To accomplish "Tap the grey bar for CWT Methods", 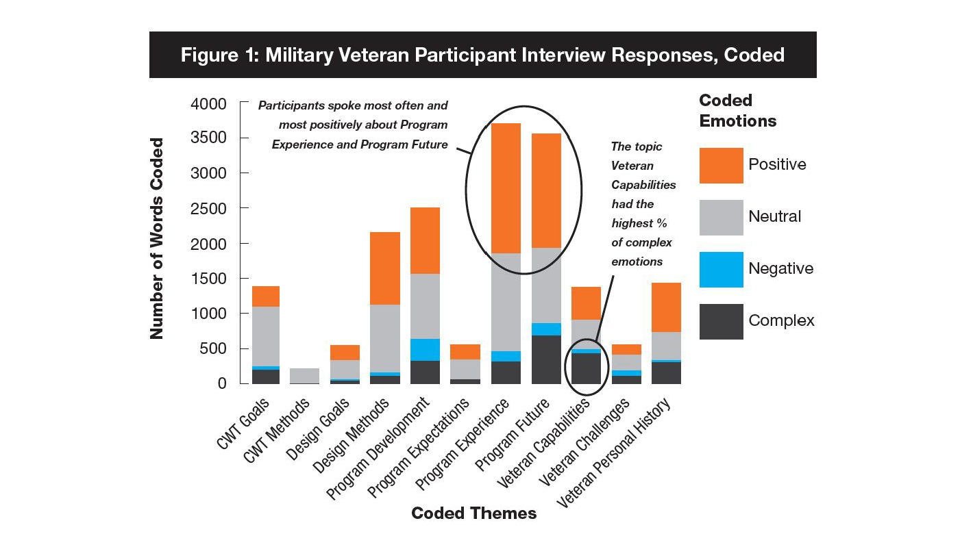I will pos(305,375).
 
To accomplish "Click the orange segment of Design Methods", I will pos(386,268).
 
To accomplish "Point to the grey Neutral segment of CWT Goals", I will pos(265,336).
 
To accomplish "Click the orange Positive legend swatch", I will pos(721,166).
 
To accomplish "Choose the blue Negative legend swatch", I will pos(721,270).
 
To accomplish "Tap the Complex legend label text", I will pos(781,320).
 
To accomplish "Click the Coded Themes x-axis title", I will pos(473,513).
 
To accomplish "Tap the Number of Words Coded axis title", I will pos(157,238).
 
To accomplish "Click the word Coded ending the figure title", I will pos(752,55).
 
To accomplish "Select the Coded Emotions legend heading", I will pos(737,111).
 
